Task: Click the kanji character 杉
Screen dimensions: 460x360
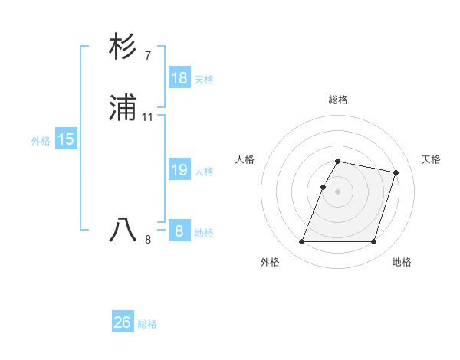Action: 123,47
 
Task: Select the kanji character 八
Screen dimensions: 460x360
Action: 123,230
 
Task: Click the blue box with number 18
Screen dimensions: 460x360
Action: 179,78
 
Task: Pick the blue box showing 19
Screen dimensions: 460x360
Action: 179,170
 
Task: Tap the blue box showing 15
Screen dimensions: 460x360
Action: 65,139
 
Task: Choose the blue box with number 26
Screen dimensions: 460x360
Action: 123,322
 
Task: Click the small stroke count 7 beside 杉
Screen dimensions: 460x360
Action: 147,55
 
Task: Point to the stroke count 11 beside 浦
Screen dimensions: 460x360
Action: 148,117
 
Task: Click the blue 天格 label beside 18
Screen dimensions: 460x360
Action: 204,79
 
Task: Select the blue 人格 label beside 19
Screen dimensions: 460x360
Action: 204,171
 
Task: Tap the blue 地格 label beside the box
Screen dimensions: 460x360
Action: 204,232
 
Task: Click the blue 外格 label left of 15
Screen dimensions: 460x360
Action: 41,140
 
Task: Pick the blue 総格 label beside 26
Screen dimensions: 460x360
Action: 147,324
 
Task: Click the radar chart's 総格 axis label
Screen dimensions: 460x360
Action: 338,100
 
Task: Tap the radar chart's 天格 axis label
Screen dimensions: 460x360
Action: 432,159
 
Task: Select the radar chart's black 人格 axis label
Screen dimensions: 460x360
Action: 245,159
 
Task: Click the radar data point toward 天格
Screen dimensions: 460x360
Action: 396,173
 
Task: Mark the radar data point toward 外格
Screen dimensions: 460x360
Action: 302,242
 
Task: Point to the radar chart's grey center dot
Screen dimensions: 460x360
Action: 338,191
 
